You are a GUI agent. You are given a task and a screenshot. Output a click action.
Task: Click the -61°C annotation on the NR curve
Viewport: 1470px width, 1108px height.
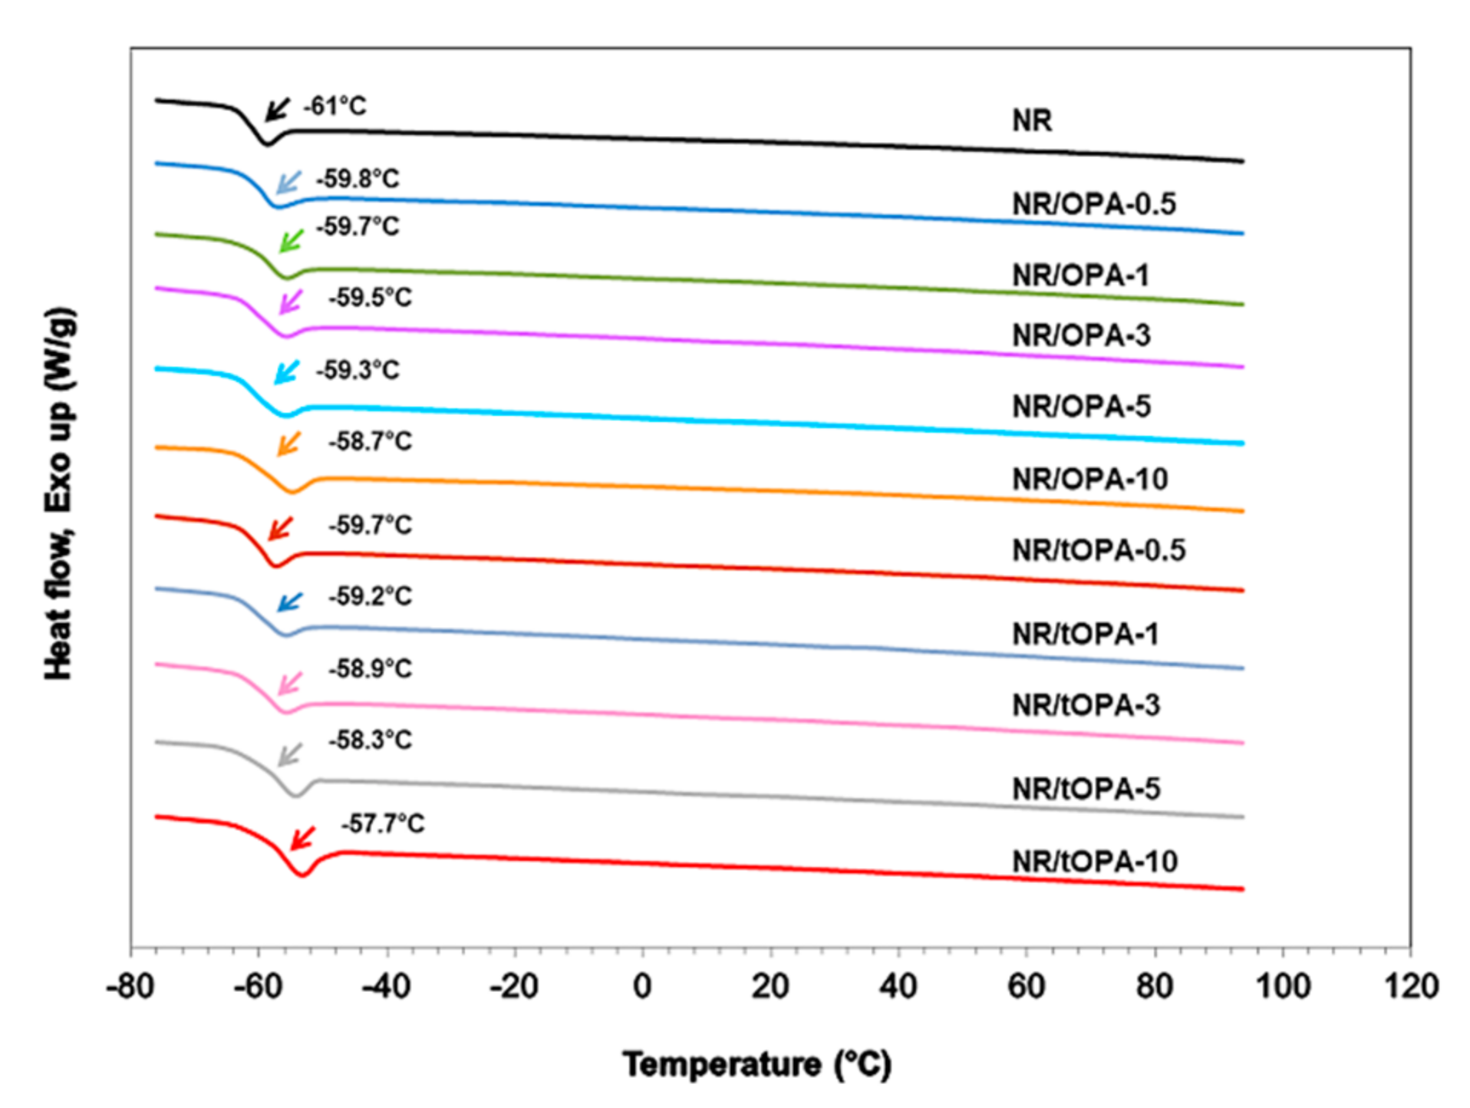tap(335, 106)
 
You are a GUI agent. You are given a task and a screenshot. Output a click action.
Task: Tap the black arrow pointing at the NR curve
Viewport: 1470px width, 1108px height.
tap(278, 110)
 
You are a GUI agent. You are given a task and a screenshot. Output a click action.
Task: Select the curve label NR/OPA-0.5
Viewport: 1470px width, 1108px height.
tap(1093, 204)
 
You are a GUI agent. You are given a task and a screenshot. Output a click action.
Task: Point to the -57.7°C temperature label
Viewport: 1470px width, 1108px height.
tap(383, 824)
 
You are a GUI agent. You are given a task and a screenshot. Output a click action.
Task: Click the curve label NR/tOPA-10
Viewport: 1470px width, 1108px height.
tap(1094, 862)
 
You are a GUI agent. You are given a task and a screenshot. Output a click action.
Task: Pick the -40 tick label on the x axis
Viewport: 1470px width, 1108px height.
tap(386, 986)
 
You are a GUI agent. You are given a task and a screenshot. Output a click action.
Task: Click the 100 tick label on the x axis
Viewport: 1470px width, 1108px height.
tap(1282, 986)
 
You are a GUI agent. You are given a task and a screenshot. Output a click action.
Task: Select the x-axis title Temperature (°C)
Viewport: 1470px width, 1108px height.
tap(756, 1065)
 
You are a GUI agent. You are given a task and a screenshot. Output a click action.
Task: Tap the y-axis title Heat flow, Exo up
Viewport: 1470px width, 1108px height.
tap(59, 493)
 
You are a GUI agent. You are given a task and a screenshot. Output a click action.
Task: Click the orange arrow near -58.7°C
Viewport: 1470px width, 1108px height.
tap(288, 444)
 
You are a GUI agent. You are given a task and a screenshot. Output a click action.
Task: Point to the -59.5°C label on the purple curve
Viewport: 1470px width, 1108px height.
tap(371, 298)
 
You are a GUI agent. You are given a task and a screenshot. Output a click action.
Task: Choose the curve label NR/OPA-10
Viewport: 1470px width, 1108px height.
tap(1089, 480)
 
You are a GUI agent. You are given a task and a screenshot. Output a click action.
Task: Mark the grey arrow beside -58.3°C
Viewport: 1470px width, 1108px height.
tap(289, 755)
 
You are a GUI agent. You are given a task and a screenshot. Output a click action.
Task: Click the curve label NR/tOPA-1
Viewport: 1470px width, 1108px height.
tap(1085, 635)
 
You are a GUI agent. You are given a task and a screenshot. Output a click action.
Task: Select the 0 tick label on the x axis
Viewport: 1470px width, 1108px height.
tap(642, 986)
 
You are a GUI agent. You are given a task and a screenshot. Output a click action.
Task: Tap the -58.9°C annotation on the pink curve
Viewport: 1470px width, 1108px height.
tap(371, 669)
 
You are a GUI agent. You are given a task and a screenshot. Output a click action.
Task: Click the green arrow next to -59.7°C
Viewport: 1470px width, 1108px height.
tap(291, 241)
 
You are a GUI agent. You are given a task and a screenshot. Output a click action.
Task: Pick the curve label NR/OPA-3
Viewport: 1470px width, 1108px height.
tap(1081, 335)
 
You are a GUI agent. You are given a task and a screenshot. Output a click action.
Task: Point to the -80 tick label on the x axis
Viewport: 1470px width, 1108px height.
tap(130, 986)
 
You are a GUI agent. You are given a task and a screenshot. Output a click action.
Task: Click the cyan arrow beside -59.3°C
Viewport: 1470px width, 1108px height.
tap(286, 373)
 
